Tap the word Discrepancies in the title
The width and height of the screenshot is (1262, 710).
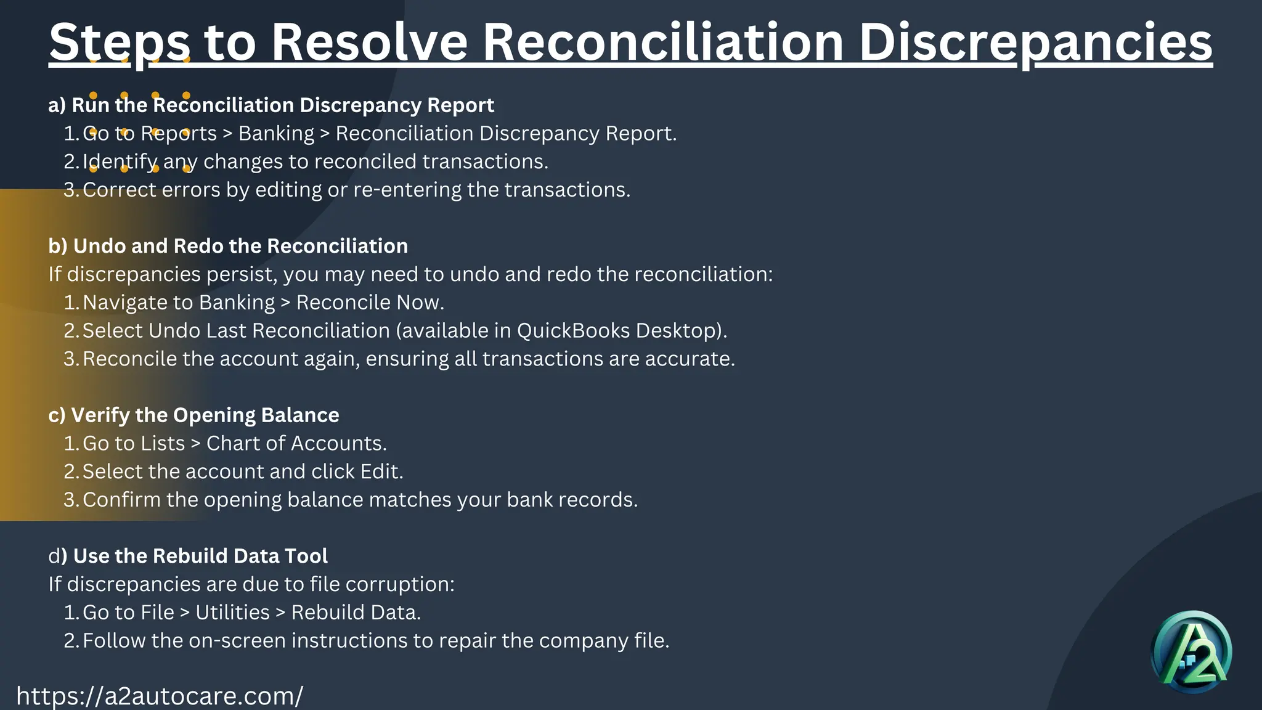1035,42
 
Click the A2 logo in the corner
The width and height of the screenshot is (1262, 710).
1191,652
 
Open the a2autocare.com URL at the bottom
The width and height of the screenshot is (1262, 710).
160,696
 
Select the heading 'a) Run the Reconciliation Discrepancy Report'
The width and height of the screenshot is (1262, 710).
271,105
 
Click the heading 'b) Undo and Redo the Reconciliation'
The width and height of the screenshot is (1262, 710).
228,246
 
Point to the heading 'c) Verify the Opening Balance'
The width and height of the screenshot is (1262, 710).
193,415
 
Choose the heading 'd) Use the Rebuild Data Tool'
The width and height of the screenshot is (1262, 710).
188,556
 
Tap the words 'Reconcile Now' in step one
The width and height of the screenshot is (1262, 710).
370,303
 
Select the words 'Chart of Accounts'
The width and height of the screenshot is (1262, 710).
296,443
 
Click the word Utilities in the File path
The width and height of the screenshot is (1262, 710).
232,613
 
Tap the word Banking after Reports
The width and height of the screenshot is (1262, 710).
276,134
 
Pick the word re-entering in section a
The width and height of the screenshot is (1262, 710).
407,190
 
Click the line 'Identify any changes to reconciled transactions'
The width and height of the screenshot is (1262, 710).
315,161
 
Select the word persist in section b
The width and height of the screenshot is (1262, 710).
240,274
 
